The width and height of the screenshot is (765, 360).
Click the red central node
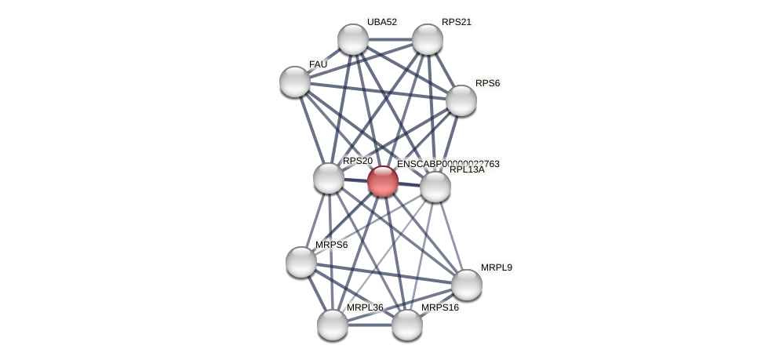pos(382,181)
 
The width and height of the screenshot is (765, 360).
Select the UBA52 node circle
pos(353,39)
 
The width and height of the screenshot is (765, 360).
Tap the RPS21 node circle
pos(428,39)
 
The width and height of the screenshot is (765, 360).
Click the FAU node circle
pos(295,82)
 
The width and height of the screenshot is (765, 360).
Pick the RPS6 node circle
pos(461,100)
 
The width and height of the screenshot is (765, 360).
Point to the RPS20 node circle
pos(329,178)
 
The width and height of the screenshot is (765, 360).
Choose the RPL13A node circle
pos(435,187)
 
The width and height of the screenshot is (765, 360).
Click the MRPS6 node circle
pos(301,262)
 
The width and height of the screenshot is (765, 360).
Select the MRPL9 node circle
pos(467,285)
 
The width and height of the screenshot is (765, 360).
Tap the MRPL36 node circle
pos(333,325)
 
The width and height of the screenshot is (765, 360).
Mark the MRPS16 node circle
pos(407,325)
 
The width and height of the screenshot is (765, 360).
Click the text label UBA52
pos(382,22)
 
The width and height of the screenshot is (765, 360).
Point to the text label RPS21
pos(456,22)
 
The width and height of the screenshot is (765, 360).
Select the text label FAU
pos(318,64)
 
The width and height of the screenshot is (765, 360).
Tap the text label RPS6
pos(487,83)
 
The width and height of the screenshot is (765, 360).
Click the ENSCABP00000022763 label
pos(448,164)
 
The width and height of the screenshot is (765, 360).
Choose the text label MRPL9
pos(496,267)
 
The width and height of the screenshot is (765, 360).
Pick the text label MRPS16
pos(439,307)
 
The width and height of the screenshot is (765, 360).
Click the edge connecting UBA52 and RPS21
pos(390,39)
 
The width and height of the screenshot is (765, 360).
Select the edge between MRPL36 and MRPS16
pos(370,325)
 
